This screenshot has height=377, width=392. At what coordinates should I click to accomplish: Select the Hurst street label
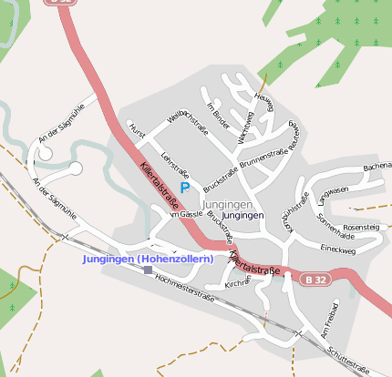(138, 131)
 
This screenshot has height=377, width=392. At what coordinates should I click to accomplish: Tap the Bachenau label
(377, 168)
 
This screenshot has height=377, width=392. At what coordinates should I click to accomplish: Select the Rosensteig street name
(361, 226)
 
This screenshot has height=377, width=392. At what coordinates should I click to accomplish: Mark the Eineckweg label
(338, 248)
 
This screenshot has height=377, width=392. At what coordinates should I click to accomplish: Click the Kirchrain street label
(237, 285)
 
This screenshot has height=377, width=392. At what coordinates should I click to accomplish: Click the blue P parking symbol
(185, 188)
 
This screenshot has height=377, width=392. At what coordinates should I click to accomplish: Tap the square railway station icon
(148, 270)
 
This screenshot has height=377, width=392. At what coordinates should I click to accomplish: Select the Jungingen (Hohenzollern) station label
(148, 259)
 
